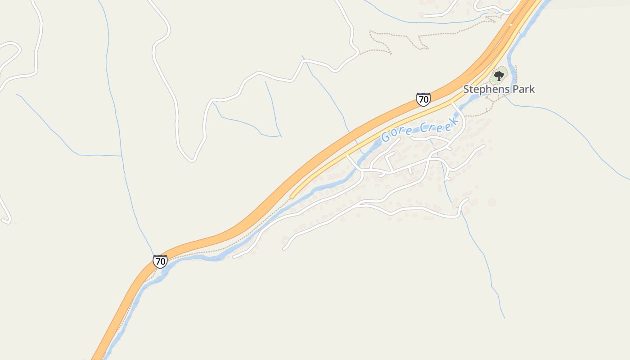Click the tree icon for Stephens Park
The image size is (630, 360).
[499, 76]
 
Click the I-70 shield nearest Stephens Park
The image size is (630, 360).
[423, 99]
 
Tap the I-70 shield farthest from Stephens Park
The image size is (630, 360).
[160, 261]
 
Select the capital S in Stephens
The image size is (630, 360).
[467, 89]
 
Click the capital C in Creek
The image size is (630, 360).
[423, 129]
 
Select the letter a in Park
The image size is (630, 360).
[521, 90]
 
